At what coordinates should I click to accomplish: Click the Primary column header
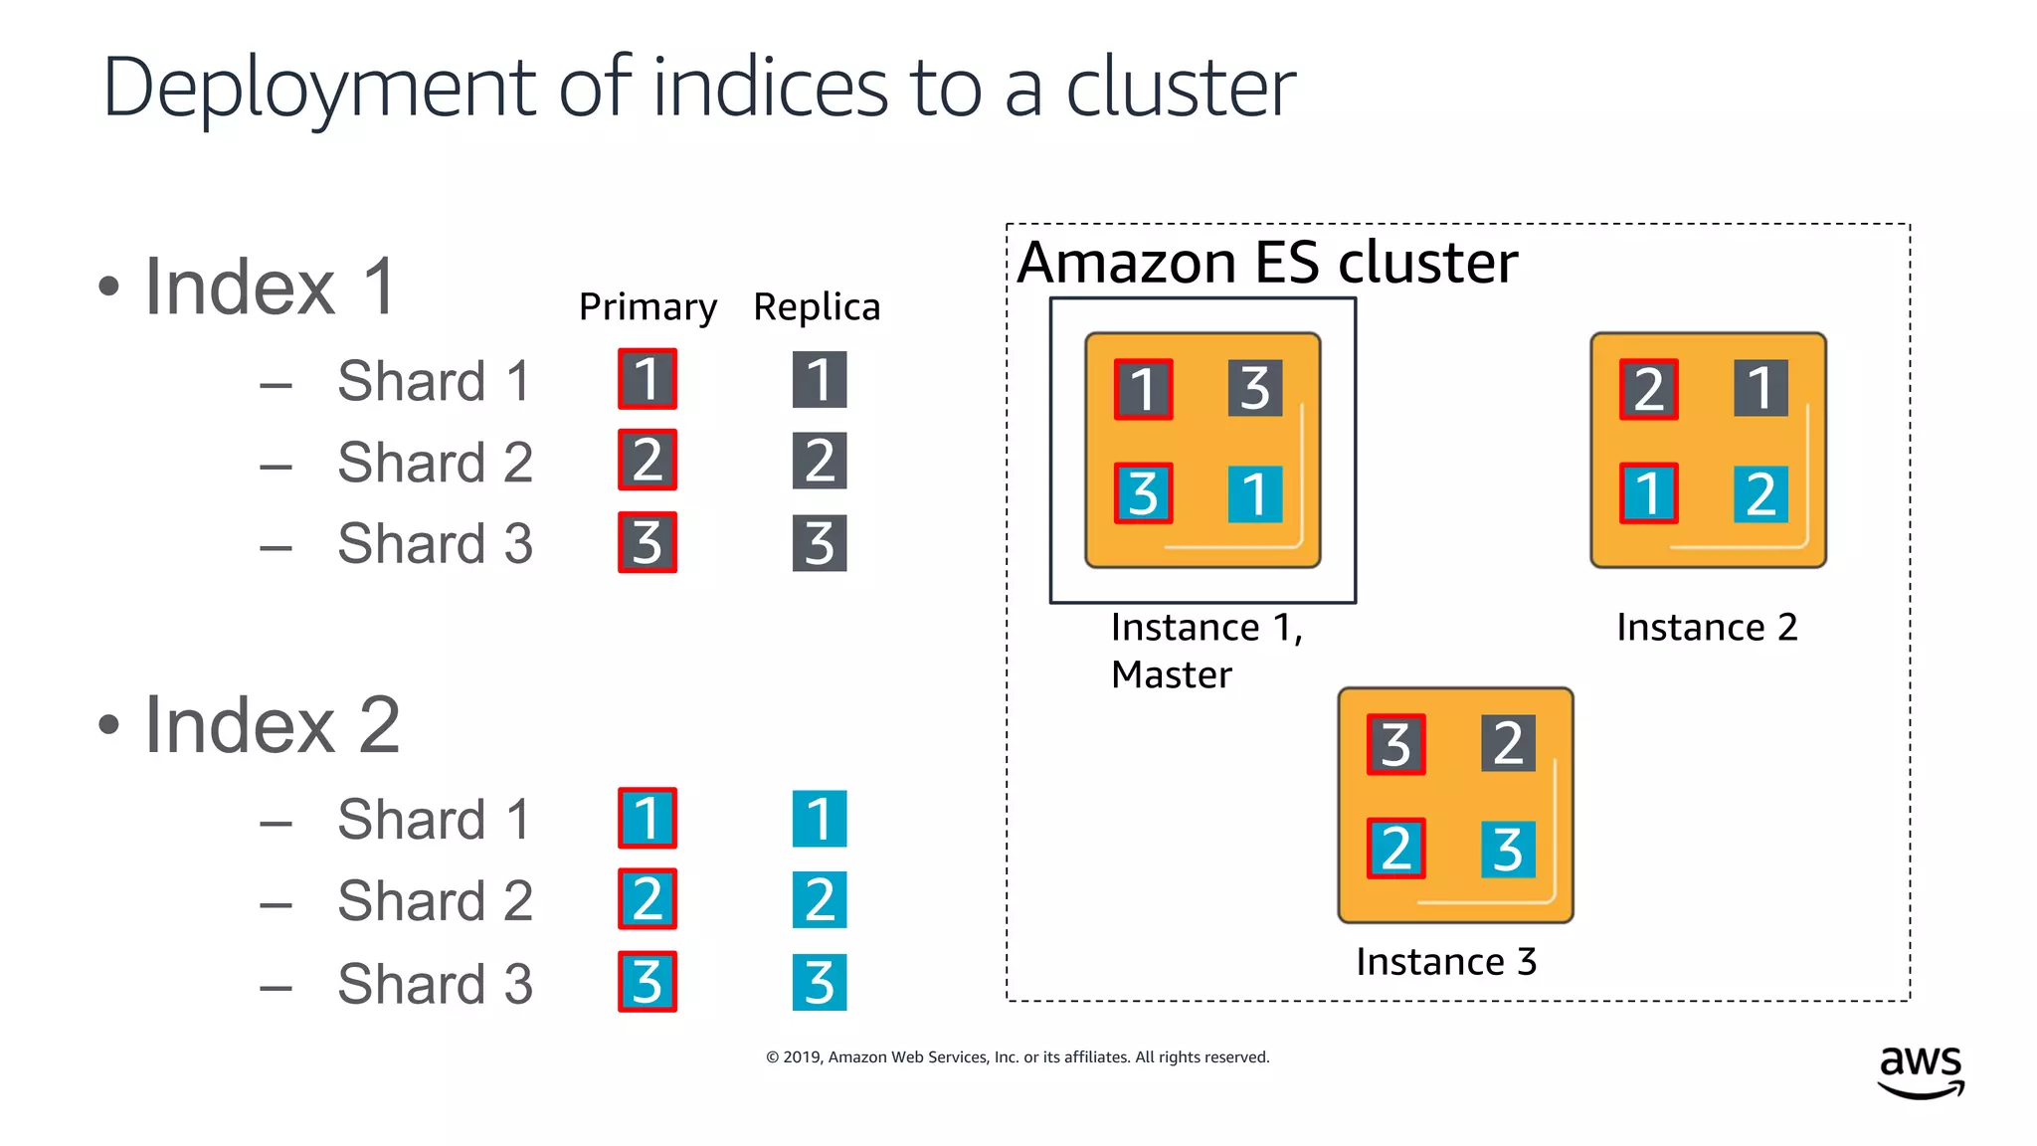tap(648, 307)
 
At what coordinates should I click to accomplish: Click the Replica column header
tap(817, 307)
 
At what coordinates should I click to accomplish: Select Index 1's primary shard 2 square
tap(648, 460)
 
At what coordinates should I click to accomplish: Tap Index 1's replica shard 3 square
tap(820, 543)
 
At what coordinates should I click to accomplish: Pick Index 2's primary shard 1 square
tap(648, 818)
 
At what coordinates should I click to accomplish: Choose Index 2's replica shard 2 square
tap(820, 899)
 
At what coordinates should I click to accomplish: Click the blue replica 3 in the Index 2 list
tap(820, 982)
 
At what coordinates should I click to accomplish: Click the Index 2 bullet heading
tap(271, 725)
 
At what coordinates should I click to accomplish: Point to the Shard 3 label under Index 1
tap(435, 544)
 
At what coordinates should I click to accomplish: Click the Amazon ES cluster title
tap(1267, 263)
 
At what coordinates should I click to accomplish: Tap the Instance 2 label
tap(1707, 628)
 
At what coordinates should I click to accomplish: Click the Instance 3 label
tap(1446, 962)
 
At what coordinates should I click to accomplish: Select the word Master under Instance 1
tap(1172, 675)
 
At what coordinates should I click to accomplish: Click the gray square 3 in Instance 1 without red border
tap(1255, 388)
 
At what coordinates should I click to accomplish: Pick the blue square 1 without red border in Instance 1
tap(1255, 493)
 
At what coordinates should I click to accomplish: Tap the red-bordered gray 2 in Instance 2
tap(1649, 389)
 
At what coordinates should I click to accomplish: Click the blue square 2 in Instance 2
tap(1760, 493)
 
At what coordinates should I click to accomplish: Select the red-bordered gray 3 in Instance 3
tap(1396, 744)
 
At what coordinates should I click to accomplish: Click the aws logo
tap(1921, 1070)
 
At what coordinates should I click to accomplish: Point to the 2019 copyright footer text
tap(1018, 1057)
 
